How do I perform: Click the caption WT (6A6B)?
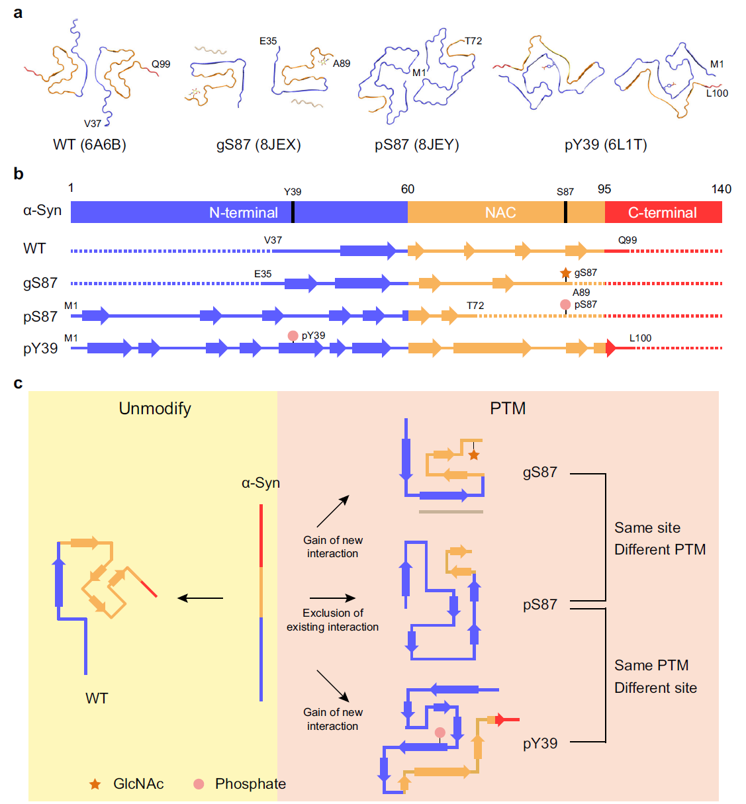click(89, 145)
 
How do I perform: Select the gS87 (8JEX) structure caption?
click(259, 145)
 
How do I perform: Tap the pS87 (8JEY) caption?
click(417, 145)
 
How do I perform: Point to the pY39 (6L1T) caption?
click(606, 145)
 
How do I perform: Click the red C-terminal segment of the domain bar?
click(663, 212)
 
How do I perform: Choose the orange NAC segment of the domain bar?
click(500, 212)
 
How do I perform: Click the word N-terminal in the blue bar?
click(243, 212)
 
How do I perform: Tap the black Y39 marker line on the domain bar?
click(293, 212)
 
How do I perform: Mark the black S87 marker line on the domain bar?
click(565, 212)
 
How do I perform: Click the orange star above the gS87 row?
click(565, 273)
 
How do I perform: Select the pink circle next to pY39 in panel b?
click(293, 336)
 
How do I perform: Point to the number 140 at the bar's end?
click(721, 189)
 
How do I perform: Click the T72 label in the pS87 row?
click(475, 306)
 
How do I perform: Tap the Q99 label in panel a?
click(161, 64)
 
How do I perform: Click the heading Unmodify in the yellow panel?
click(155, 408)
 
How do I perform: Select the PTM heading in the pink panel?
click(508, 408)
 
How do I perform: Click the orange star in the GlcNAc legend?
click(95, 784)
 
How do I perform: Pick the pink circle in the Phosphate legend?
click(199, 784)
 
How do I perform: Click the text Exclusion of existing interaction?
click(333, 620)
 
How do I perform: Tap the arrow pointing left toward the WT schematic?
click(201, 598)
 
